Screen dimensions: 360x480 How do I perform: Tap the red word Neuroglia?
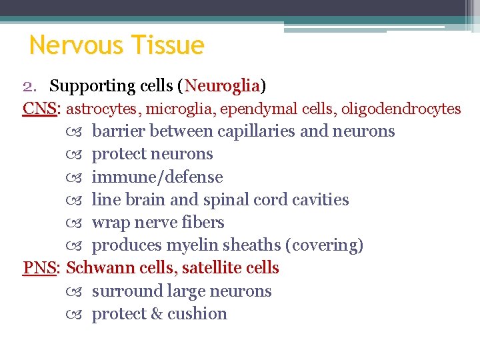223,86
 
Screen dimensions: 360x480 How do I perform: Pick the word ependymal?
243,109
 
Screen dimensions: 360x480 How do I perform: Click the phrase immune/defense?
157,177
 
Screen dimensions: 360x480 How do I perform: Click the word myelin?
191,245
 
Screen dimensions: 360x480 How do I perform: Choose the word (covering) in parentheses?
324,245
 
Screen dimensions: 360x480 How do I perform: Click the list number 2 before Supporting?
27,86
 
